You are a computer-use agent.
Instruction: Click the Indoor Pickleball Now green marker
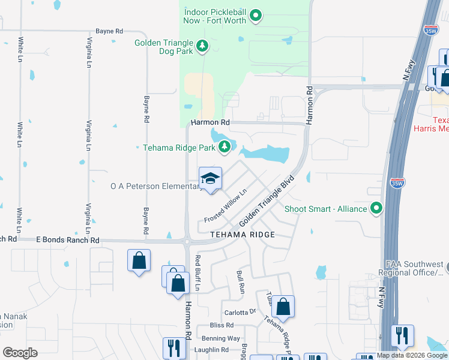point(256,15)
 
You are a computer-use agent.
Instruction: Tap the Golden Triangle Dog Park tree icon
point(203,46)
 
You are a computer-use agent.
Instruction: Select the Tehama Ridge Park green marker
point(224,146)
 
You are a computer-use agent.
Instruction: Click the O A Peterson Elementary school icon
point(210,178)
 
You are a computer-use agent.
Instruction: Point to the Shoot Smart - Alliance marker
point(376,208)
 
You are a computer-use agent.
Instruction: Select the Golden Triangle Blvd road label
point(267,199)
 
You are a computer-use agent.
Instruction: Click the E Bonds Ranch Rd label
point(67,240)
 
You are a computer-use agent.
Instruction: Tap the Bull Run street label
point(241,281)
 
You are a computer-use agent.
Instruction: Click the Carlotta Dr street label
point(240,313)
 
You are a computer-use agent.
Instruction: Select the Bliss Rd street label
point(221,325)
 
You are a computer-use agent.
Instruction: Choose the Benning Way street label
point(221,338)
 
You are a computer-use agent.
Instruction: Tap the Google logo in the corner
point(20,353)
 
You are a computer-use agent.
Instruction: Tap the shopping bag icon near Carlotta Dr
point(283,305)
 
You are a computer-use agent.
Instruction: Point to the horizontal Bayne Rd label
point(109,31)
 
